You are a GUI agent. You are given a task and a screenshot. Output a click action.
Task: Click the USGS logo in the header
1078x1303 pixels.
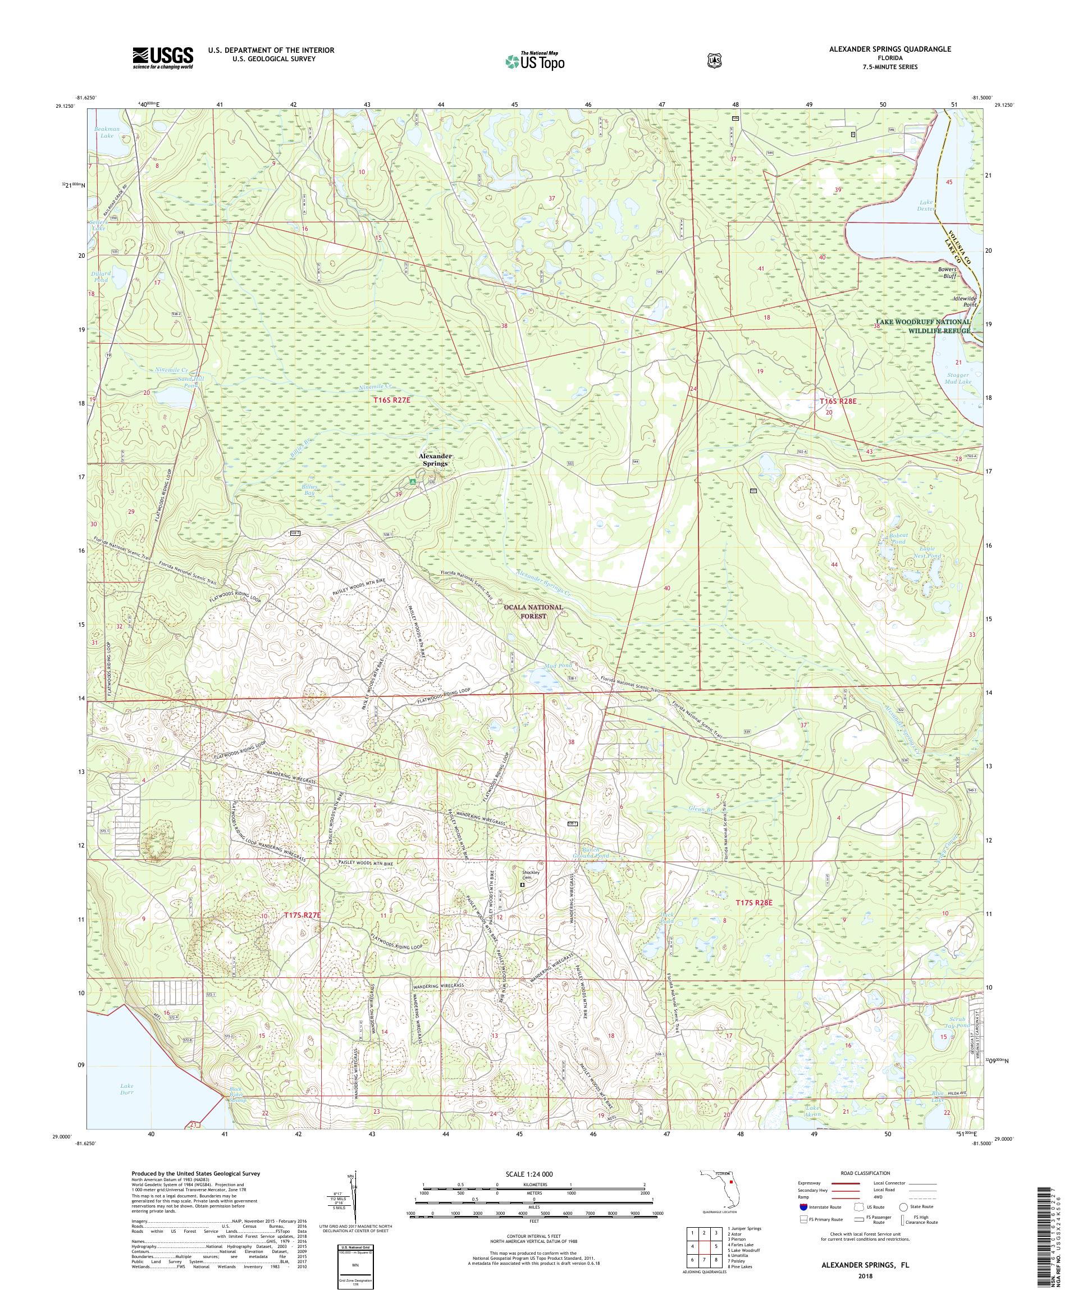click(162, 58)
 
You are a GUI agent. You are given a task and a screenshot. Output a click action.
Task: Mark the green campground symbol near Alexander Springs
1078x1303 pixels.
click(412, 482)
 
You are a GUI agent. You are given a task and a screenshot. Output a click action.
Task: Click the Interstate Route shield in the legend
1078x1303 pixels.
click(805, 1206)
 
